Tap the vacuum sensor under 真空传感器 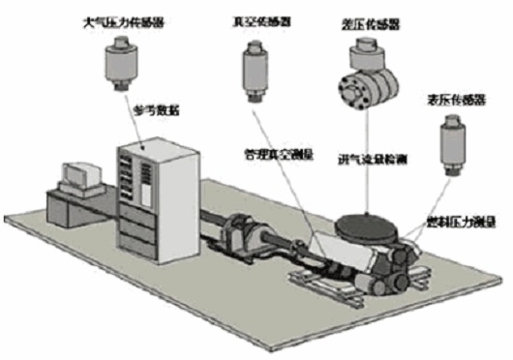(257, 72)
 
